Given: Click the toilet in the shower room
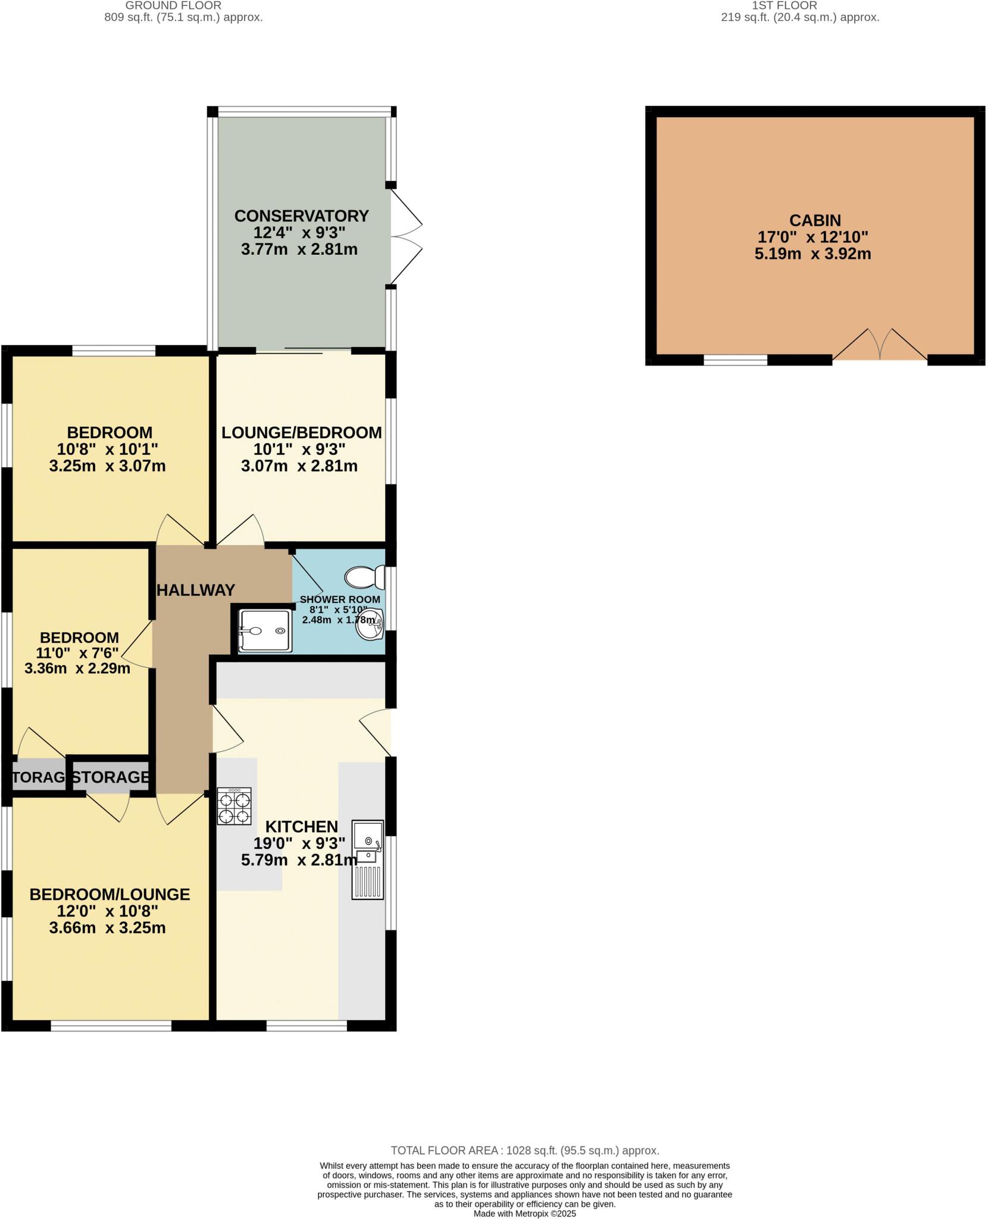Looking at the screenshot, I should (365, 576).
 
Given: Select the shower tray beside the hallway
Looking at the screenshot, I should (265, 630).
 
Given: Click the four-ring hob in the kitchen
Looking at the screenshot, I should (235, 806).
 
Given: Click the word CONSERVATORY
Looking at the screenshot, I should (301, 215).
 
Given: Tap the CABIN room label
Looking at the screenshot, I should (815, 220).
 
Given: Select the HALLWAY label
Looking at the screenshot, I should (196, 590).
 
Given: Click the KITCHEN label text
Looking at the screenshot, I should (301, 826).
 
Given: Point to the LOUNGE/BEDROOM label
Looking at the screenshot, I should (301, 432).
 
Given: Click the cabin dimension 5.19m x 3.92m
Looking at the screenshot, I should (812, 254).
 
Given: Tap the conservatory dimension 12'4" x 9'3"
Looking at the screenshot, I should (299, 232).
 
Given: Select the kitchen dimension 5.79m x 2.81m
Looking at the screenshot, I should (299, 859).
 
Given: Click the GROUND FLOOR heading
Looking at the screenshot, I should (173, 5).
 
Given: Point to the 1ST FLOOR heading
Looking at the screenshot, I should (784, 5).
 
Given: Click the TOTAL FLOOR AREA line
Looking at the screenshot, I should (524, 1151).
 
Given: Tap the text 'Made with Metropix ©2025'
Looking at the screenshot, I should (524, 1214).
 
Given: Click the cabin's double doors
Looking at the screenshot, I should (880, 345).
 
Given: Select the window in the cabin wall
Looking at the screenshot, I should (736, 360).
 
